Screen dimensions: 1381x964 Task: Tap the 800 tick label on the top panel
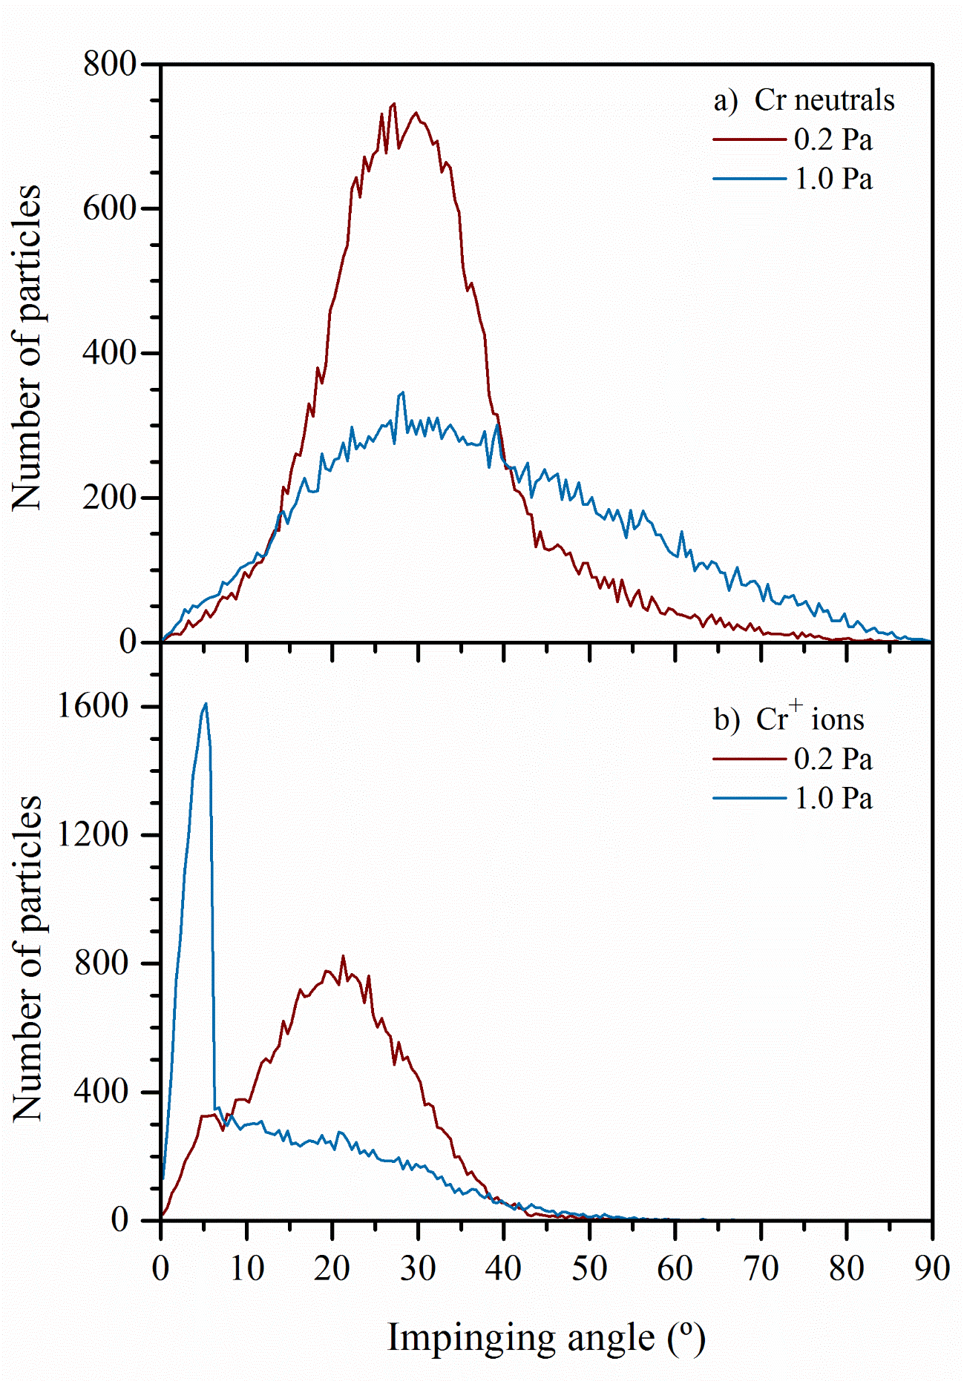point(110,65)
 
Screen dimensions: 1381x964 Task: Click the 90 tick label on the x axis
point(931,1268)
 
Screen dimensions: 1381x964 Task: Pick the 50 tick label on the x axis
point(589,1268)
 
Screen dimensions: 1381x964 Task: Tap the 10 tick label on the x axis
point(246,1268)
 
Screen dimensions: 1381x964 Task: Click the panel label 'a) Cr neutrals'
point(804,100)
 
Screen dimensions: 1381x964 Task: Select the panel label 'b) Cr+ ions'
point(789,719)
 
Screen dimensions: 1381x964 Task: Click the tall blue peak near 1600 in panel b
point(206,704)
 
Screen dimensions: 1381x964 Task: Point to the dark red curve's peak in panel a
point(394,104)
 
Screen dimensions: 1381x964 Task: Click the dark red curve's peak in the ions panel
point(343,957)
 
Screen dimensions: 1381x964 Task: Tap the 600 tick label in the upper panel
point(110,208)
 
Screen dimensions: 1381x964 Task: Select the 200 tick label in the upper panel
point(110,497)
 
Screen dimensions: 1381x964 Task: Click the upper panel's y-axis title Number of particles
point(28,347)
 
